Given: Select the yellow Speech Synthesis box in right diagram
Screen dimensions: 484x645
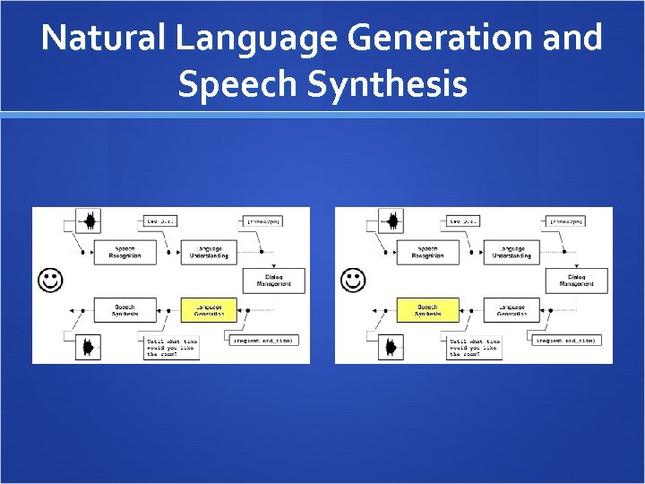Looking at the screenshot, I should [x=427, y=309].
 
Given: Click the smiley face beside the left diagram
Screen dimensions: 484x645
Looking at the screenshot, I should [x=49, y=281].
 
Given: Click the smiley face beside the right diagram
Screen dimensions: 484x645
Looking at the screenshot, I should [x=353, y=281].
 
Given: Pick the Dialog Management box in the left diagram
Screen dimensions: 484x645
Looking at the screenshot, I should [x=274, y=281].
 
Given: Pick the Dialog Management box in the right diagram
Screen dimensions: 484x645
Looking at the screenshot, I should [x=576, y=281].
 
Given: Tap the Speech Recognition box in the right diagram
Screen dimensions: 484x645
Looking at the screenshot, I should [x=427, y=252].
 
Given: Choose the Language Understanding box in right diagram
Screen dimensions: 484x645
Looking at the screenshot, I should [x=511, y=252].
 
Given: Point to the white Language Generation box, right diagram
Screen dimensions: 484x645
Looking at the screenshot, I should [x=511, y=309].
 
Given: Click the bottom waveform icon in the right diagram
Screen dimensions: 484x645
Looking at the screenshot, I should [x=391, y=346].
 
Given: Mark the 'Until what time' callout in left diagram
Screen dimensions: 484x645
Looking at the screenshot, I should [x=173, y=347].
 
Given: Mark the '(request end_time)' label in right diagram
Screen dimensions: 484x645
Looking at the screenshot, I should [x=565, y=341].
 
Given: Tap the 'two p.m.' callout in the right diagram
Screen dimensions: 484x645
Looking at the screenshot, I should [x=465, y=220].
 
